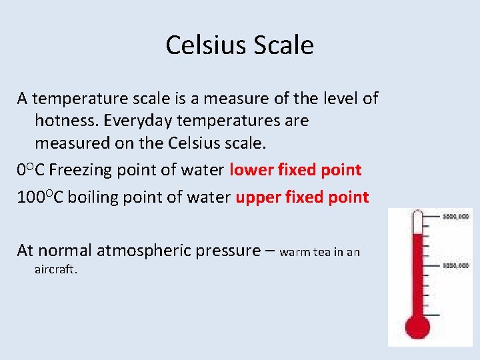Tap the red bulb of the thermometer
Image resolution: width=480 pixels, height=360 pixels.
pos(418,327)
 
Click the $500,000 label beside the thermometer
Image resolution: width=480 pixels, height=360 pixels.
pos(456,217)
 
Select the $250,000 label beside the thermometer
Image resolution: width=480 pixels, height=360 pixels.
pos(456,265)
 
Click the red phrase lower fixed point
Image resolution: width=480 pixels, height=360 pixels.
pos(295,170)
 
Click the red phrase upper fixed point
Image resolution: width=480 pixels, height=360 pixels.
pos(302,197)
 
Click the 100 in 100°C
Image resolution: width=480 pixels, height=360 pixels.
pos(30,197)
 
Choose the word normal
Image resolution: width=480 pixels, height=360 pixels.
pos(65,251)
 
